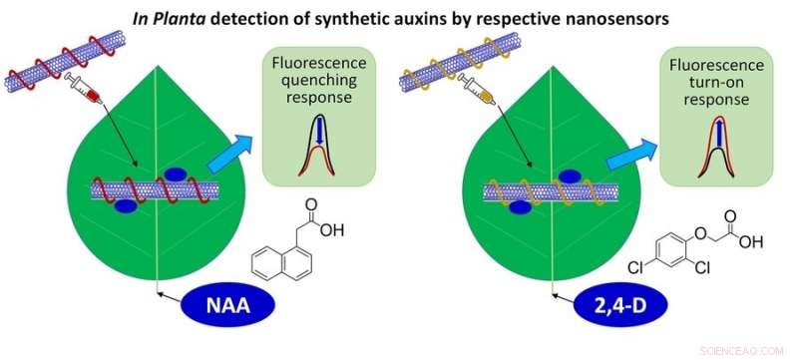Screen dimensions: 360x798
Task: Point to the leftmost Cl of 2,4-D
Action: point(634,267)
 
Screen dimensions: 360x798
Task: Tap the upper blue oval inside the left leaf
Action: point(175,174)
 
